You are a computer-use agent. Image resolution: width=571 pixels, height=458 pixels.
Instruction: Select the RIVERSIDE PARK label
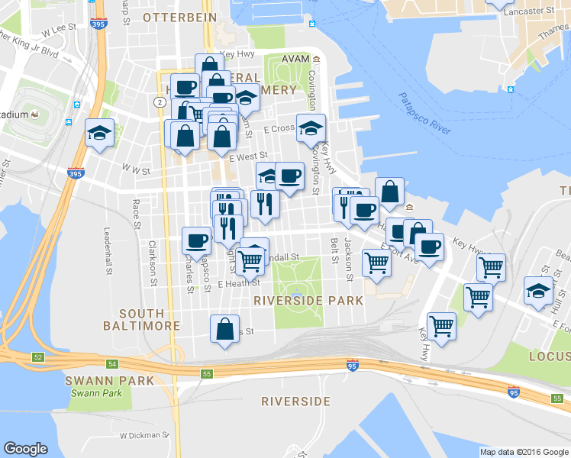308,301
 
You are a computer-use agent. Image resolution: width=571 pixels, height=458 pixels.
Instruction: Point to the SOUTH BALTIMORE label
142,319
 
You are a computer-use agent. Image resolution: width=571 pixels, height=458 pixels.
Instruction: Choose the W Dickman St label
144,435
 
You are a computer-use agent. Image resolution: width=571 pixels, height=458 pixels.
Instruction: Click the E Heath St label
239,283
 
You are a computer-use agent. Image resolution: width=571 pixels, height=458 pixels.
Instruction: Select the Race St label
136,214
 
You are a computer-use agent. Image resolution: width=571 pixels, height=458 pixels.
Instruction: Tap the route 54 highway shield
112,364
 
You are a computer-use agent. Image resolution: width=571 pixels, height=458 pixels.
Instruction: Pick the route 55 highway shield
206,373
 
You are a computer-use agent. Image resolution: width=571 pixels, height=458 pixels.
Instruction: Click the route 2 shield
159,102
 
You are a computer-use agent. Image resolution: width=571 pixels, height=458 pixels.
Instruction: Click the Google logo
26,449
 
